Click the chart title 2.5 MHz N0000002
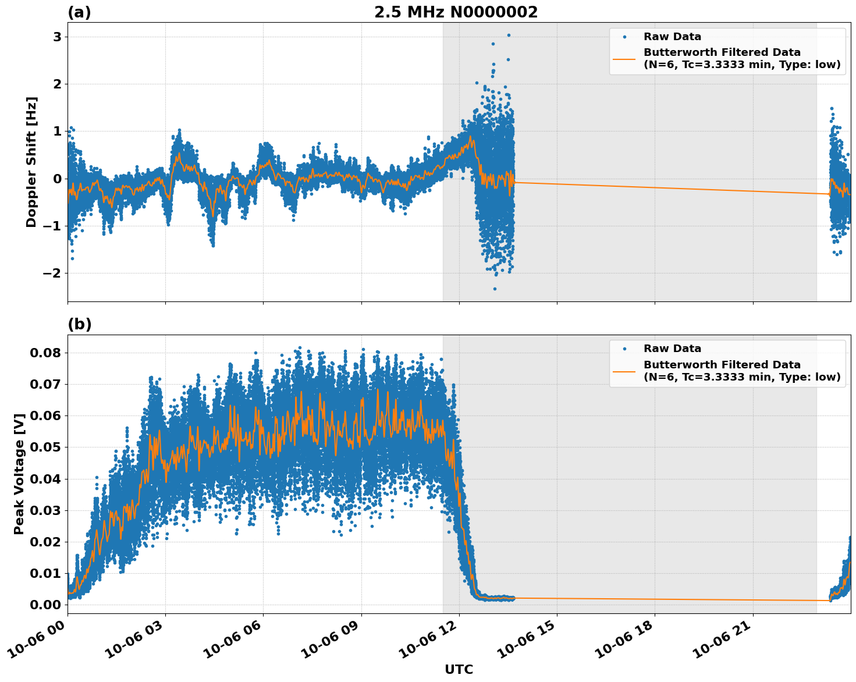coord(456,12)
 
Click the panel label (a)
coord(79,12)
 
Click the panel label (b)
coord(79,324)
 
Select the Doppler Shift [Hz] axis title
coord(31,162)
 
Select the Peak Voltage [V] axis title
coord(19,474)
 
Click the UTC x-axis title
coord(459,670)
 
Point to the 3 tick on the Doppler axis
coord(57,37)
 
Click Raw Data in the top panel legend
coord(672,37)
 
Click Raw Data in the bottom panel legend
coord(672,349)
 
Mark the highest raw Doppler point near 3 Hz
coord(508,35)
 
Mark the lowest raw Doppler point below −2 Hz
coord(495,289)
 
